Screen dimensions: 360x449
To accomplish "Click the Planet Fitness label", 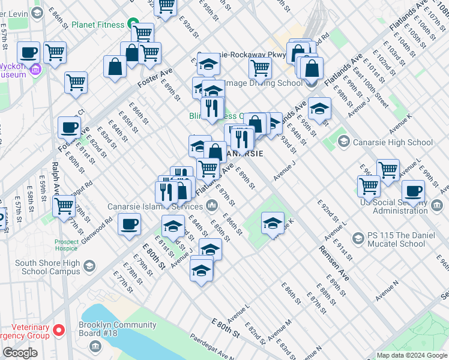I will (97, 25).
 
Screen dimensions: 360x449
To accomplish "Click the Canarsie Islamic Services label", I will (155, 207).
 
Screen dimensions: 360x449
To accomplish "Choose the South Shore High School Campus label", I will (47, 267).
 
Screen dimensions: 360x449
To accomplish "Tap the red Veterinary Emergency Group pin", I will (59, 331).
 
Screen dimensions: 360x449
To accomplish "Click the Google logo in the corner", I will (20, 353).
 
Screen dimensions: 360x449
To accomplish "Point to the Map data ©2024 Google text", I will (411, 355).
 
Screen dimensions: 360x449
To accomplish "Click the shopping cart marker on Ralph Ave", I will (64, 206).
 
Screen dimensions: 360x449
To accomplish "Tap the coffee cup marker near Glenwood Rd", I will (128, 226).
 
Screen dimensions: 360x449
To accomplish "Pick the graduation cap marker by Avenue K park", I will (273, 224).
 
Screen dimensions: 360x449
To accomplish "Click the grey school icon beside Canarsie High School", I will (343, 142).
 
